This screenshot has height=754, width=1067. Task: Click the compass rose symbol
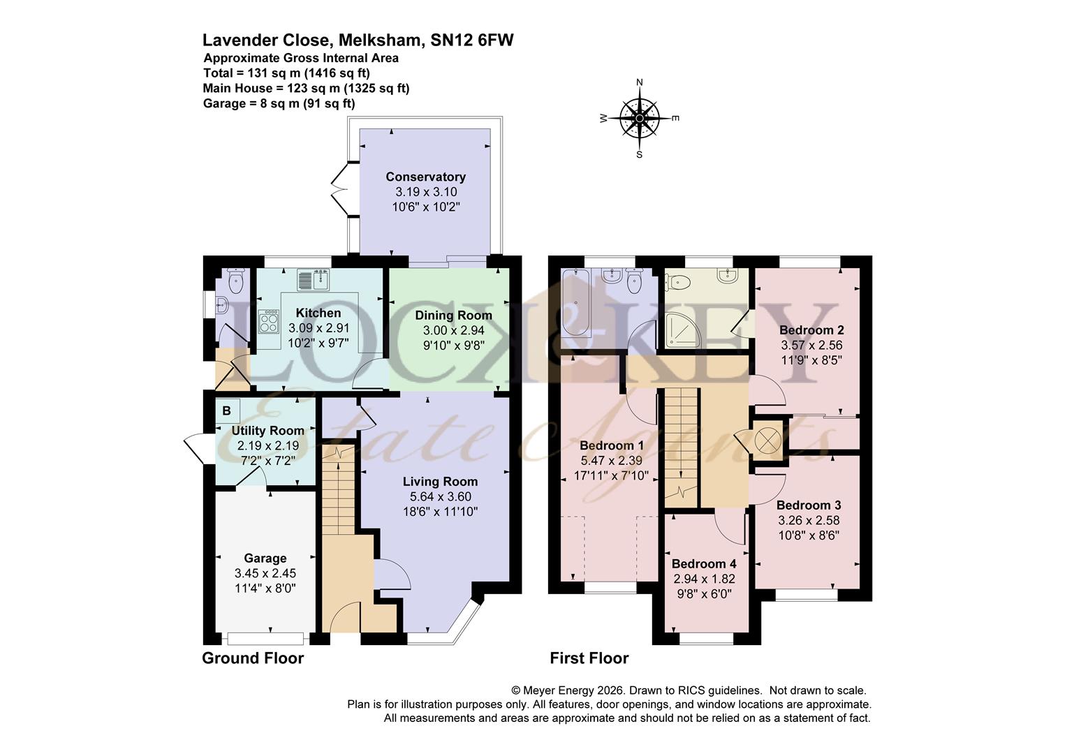(639, 118)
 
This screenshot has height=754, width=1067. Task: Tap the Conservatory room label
(425, 177)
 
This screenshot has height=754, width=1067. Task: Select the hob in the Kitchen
(267, 322)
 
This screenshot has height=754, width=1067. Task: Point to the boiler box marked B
(227, 411)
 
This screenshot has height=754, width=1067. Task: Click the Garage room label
(265, 558)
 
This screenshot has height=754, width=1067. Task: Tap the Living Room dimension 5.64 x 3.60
(440, 497)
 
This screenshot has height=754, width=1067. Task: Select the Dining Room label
(453, 316)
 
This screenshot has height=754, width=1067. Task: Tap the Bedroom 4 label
(704, 563)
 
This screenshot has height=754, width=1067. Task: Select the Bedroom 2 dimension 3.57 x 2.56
(811, 345)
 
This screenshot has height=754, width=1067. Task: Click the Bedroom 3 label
(809, 505)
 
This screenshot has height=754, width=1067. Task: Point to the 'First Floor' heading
(589, 658)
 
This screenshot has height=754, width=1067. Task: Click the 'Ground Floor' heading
(253, 658)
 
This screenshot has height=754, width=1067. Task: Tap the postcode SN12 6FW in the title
(472, 40)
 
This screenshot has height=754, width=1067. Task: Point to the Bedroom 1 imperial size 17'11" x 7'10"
(606, 476)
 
